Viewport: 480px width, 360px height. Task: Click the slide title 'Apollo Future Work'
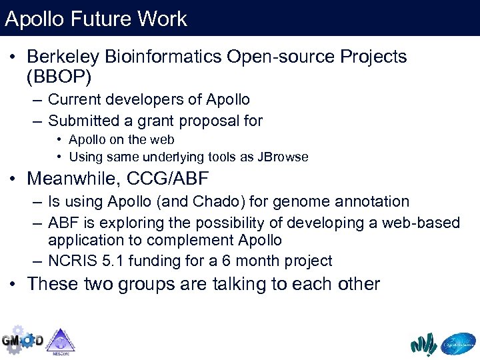tap(96, 19)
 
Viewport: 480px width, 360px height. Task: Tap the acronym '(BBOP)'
tap(59, 77)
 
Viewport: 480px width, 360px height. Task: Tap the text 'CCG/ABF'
tap(184, 179)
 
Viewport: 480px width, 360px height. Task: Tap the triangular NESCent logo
tap(61, 341)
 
